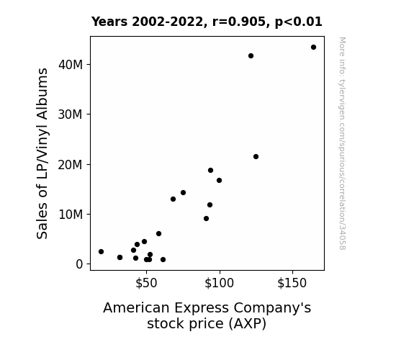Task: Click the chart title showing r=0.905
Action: pyautogui.click(x=207, y=22)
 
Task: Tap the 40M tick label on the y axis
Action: pyautogui.click(x=71, y=65)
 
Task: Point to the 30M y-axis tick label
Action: pyautogui.click(x=71, y=114)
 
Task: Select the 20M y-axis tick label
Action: pyautogui.click(x=71, y=165)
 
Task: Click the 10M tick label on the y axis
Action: pyautogui.click(x=71, y=215)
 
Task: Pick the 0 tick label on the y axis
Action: pyautogui.click(x=79, y=264)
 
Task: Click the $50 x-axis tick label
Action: pyautogui.click(x=146, y=283)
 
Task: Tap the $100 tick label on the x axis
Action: pyautogui.click(x=219, y=283)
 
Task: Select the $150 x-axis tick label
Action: pyautogui.click(x=292, y=283)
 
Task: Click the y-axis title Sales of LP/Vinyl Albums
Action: pyautogui.click(x=42, y=153)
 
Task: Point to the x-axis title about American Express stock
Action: pyautogui.click(x=207, y=315)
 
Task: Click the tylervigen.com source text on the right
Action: pyautogui.click(x=342, y=143)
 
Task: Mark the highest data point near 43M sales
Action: pyautogui.click(x=313, y=48)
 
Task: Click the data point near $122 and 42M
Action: pyautogui.click(x=251, y=55)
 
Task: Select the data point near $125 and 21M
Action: pyautogui.click(x=256, y=157)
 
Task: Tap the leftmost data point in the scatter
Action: pyautogui.click(x=101, y=252)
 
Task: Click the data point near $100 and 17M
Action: pyautogui.click(x=219, y=181)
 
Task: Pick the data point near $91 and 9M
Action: pyautogui.click(x=206, y=218)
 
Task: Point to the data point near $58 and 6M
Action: pyautogui.click(x=158, y=234)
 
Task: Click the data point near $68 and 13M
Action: pyautogui.click(x=174, y=199)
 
